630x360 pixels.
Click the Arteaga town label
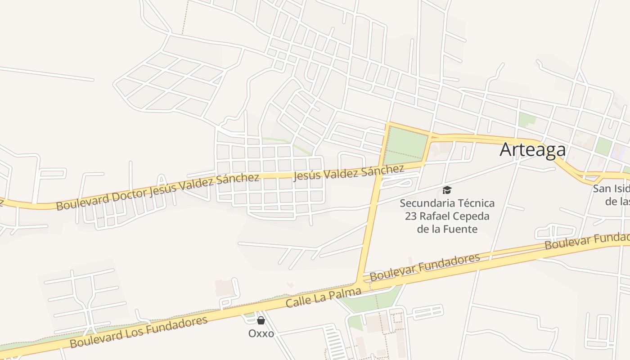(532, 149)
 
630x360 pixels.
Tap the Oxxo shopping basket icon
(261, 320)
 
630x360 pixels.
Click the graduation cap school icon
(447, 190)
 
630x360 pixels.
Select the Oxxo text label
(261, 333)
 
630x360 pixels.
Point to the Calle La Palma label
(324, 297)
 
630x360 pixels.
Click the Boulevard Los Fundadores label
(139, 332)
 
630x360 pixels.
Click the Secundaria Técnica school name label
(447, 216)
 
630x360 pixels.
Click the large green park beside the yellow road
(405, 145)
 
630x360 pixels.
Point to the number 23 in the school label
(410, 216)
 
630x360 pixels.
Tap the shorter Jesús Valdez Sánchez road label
(348, 172)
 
